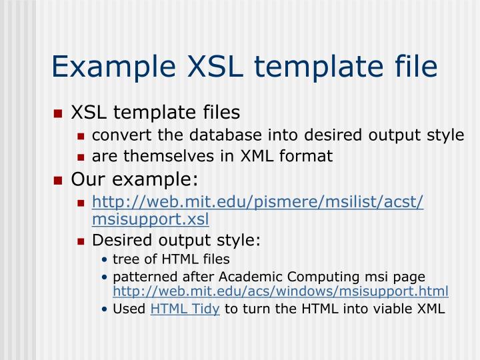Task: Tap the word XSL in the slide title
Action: pyautogui.click(x=209, y=68)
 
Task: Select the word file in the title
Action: pyautogui.click(x=414, y=68)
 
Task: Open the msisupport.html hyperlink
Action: pyautogui.click(x=281, y=291)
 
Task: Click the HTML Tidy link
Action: pyautogui.click(x=185, y=309)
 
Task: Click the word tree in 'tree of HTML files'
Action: pyautogui.click(x=123, y=259)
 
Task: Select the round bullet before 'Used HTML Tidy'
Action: pyautogui.click(x=105, y=310)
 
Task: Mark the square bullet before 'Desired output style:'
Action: pyautogui.click(x=81, y=241)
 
